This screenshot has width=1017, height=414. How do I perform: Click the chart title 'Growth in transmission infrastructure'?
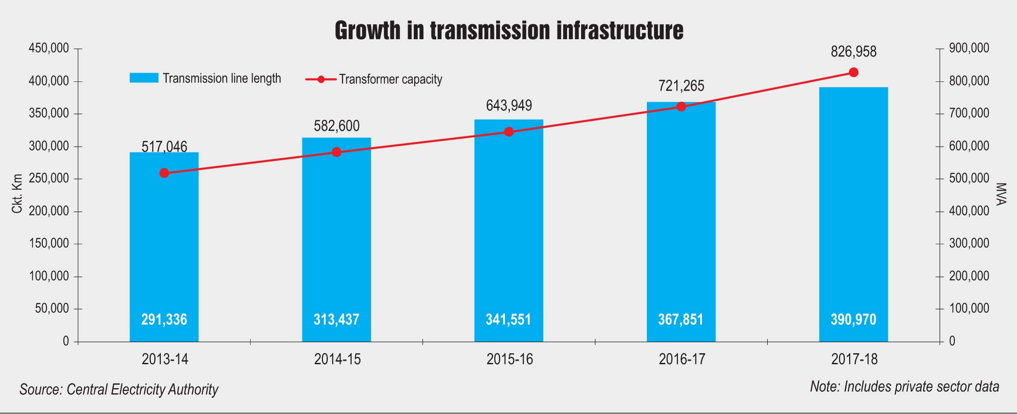coord(509,30)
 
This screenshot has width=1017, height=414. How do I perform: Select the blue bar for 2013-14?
coord(164,247)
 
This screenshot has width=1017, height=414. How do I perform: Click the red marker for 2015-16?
coord(509,132)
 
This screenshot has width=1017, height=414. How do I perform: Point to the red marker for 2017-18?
coord(854,72)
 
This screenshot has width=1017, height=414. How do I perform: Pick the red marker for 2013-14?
coord(164,173)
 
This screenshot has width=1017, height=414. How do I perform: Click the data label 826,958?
coord(854,52)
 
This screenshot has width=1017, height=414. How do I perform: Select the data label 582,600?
coord(337,126)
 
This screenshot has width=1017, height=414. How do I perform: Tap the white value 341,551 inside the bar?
coord(508,319)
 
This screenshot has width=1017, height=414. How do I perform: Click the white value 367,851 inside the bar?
coord(681,319)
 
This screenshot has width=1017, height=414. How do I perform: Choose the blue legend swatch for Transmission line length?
coord(144,78)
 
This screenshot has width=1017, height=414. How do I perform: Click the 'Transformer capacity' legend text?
coord(390,79)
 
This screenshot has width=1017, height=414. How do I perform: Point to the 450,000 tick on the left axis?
coord(49,48)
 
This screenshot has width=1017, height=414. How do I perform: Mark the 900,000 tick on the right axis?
coord(969,48)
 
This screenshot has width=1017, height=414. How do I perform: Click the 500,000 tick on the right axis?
coord(969,178)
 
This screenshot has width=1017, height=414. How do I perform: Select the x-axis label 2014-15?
coord(337,359)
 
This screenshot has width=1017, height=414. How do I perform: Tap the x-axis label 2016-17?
coord(682,359)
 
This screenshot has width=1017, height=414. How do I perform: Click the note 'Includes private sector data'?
coord(904,387)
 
